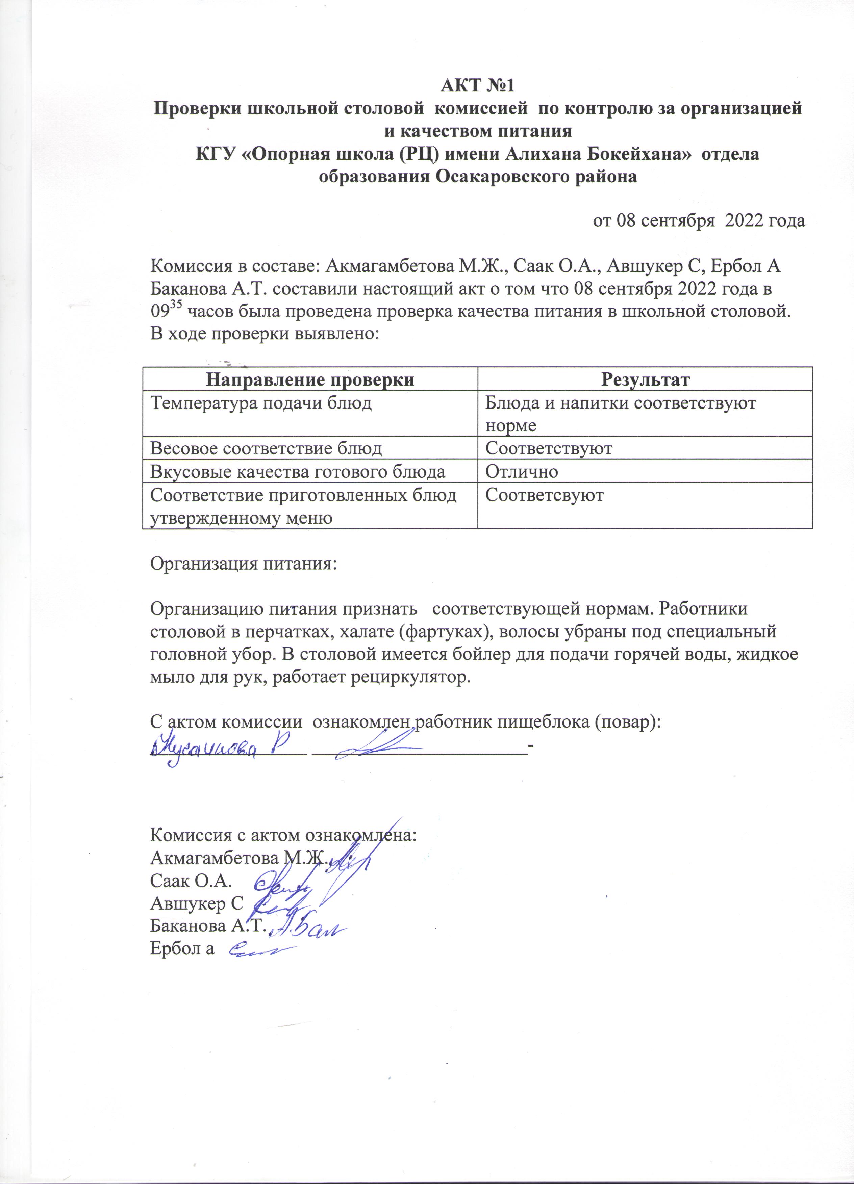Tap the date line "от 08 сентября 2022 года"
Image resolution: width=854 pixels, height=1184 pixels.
698,221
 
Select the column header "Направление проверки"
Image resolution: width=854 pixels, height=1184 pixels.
310,379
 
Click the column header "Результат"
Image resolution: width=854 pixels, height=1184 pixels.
645,379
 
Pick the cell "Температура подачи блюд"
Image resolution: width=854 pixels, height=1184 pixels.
261,403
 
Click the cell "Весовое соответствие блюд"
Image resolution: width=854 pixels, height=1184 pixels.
266,448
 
